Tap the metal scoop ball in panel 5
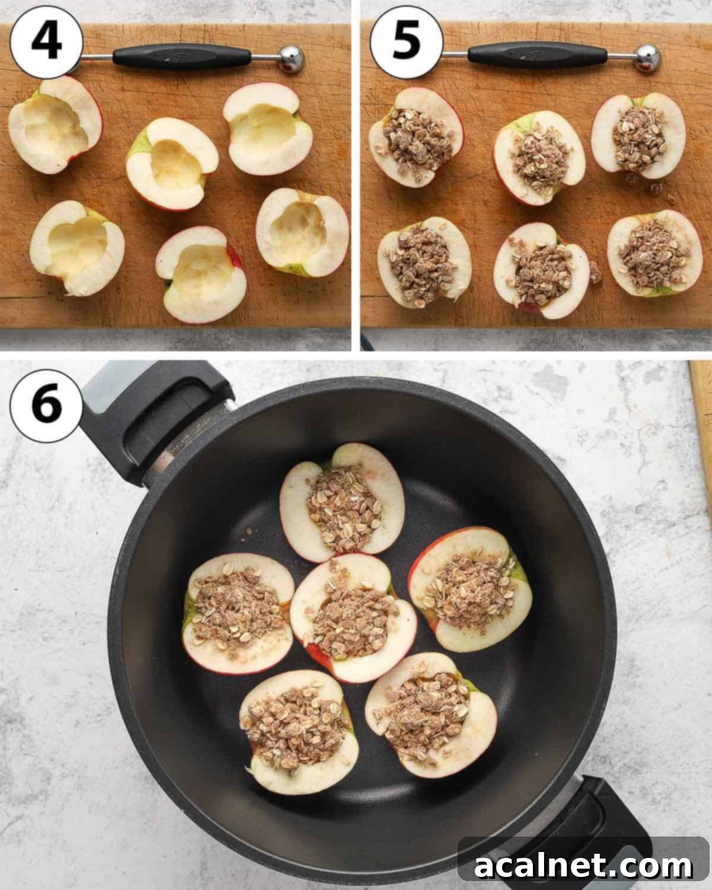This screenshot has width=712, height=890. pos(647,58)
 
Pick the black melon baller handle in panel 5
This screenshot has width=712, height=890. pos(529,55)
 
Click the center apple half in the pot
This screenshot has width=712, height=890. pos(352,617)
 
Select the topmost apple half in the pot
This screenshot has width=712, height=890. pos(342,502)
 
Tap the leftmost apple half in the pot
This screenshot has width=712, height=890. pos(239,612)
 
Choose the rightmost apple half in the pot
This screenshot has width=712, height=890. pos(470,588)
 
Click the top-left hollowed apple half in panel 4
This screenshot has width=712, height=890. pos(55,125)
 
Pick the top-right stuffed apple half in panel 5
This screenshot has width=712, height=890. pos(638,135)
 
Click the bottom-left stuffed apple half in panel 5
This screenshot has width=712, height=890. pos(424,262)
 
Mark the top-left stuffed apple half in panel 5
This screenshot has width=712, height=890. pos(416,136)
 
